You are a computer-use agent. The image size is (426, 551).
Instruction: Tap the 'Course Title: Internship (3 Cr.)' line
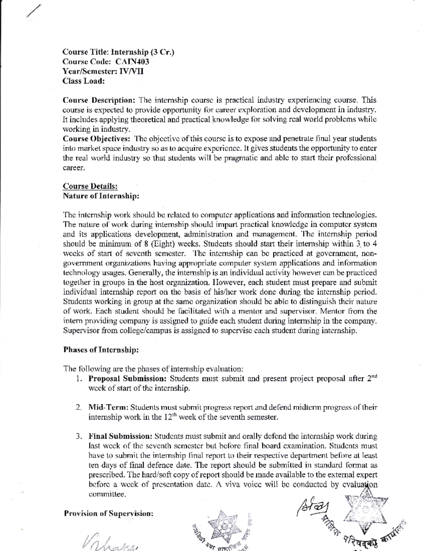[x=118, y=52]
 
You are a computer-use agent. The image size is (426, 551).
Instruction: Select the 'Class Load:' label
[x=84, y=81]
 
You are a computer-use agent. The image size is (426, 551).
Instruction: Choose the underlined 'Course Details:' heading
[x=90, y=186]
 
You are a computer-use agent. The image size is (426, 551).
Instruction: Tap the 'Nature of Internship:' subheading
[x=101, y=196]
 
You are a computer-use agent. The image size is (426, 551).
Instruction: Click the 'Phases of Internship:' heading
[x=101, y=350]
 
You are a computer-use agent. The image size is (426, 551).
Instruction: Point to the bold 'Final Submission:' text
[x=120, y=436]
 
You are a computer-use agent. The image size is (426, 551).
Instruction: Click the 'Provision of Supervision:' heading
[x=109, y=513]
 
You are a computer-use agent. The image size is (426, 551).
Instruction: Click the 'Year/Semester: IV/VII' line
[x=103, y=71]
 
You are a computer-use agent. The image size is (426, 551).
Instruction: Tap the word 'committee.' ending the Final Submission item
[x=107, y=494]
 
